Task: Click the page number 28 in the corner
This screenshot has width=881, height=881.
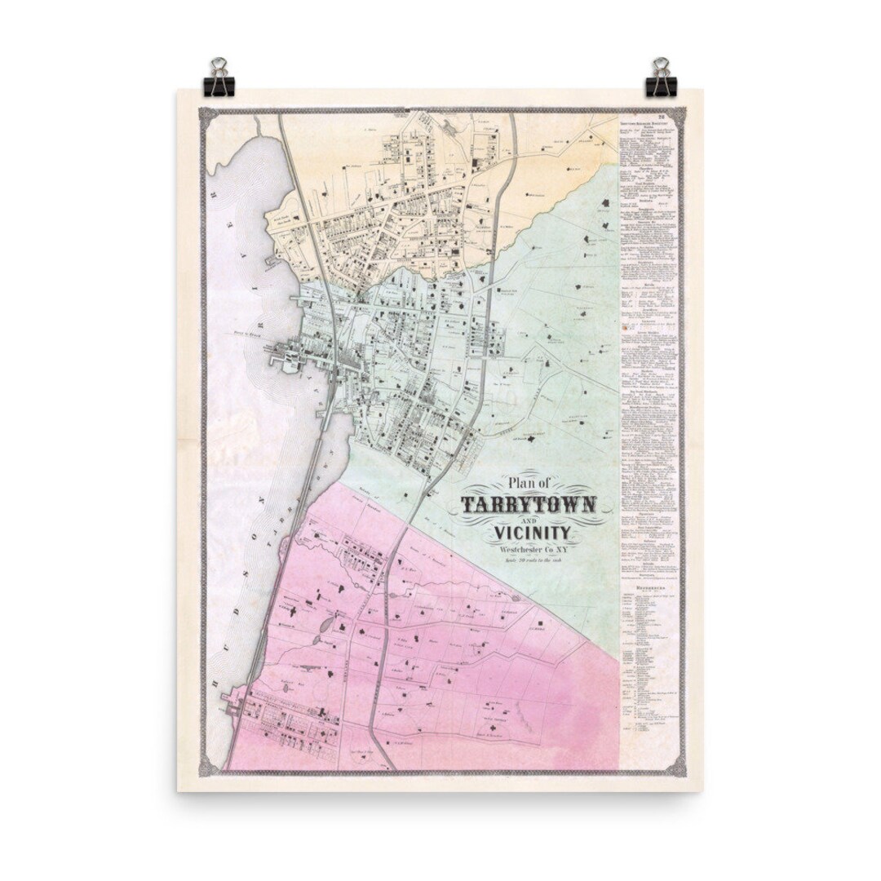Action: pos(670,117)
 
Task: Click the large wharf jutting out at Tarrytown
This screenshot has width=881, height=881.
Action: pos(282,356)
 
